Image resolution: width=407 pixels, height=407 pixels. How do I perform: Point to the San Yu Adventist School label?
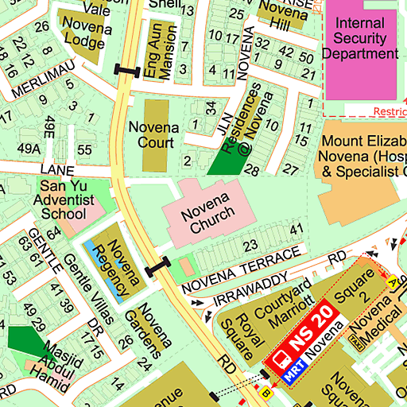(x=63, y=199)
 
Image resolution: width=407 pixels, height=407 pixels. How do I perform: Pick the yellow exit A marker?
(x=391, y=281)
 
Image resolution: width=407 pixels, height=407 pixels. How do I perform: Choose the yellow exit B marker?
(x=266, y=392)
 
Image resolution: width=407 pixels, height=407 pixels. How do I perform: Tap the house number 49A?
(x=29, y=148)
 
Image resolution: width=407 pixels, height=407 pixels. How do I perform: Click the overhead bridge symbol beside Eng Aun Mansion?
(x=128, y=70)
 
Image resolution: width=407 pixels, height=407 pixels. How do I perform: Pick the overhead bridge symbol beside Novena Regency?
(x=157, y=266)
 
